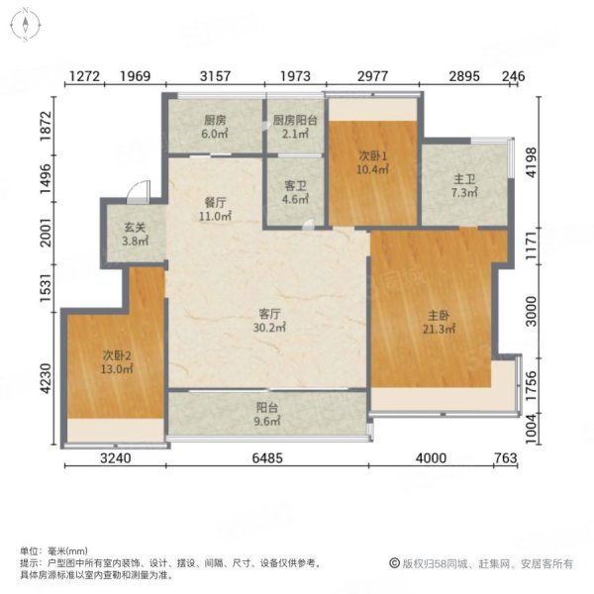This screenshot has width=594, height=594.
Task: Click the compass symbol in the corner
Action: [x=26, y=25]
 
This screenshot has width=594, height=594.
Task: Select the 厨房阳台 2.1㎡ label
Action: [x=295, y=127]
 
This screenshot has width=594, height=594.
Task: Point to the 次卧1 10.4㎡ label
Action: [x=373, y=163]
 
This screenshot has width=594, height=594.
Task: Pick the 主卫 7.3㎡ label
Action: [x=464, y=186]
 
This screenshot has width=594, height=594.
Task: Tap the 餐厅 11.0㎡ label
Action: [x=215, y=209]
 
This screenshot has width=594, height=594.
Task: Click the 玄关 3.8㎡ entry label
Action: [x=135, y=234]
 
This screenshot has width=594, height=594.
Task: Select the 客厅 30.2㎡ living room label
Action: [x=269, y=321]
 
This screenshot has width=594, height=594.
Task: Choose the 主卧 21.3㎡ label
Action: [x=439, y=322]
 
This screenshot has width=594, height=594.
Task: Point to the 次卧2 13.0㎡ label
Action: [x=117, y=361]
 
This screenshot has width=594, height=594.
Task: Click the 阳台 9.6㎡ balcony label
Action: [x=267, y=414]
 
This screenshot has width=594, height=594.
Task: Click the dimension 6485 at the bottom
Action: [x=267, y=458]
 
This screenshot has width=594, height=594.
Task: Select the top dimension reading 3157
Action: [x=215, y=76]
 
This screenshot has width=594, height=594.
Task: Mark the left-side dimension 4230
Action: [x=46, y=378]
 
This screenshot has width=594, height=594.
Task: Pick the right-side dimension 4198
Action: [x=532, y=162]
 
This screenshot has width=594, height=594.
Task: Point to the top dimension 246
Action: [x=514, y=76]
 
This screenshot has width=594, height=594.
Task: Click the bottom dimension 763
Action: [x=506, y=458]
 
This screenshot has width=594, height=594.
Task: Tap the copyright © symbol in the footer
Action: [x=394, y=563]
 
